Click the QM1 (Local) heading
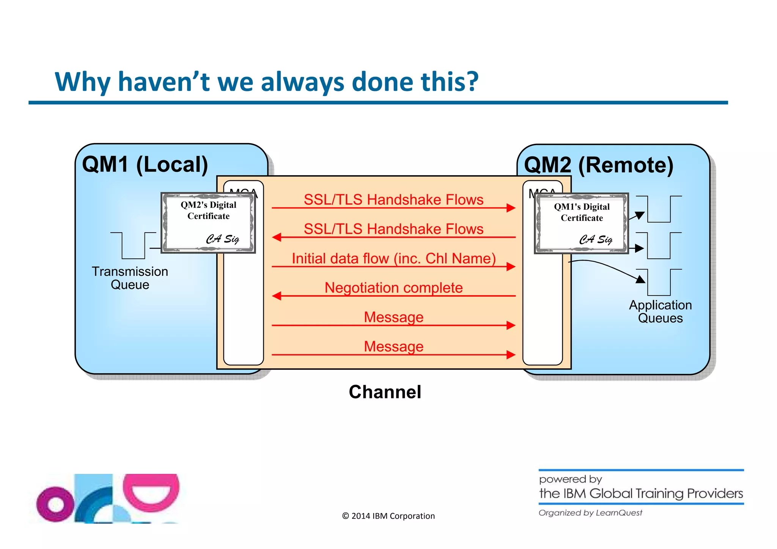coord(145,165)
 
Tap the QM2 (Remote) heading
coord(598,165)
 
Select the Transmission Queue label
coord(130,278)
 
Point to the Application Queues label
coord(660,311)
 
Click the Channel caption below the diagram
coord(385,392)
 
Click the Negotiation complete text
coord(393,288)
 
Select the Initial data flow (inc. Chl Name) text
coord(393,258)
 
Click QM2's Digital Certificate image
coord(208,223)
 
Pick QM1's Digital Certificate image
coord(581,223)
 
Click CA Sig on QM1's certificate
coord(596,239)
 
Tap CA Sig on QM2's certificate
coord(222,239)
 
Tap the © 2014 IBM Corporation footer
coord(388,516)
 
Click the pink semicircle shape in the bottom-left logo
coord(151,491)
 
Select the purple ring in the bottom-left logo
coord(55,504)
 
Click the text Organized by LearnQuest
coord(590,513)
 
